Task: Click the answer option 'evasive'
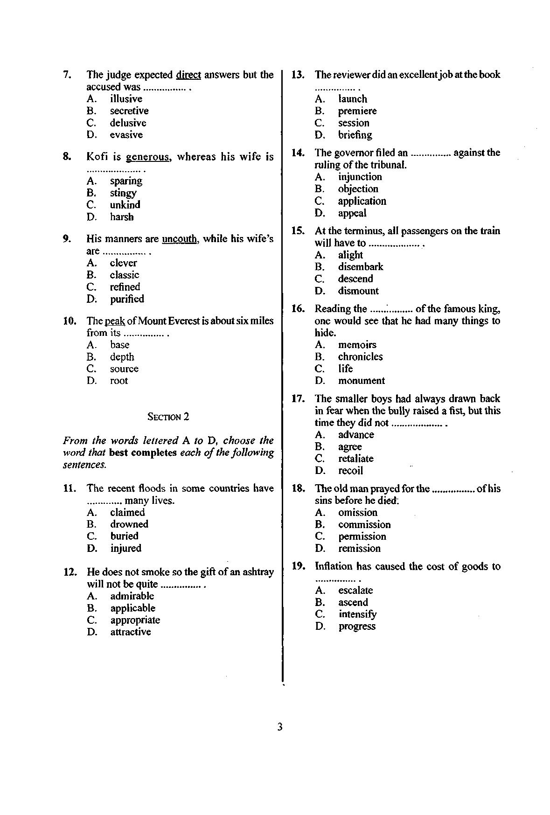(x=126, y=135)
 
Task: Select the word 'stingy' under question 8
(x=123, y=193)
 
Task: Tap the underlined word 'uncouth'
(x=179, y=239)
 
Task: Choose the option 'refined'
(x=125, y=287)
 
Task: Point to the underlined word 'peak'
(x=115, y=321)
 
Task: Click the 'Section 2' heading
(x=168, y=417)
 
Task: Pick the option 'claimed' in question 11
(x=127, y=512)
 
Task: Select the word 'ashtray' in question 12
(x=258, y=572)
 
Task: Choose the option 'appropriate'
(x=135, y=620)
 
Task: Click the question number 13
(x=298, y=75)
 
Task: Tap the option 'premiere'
(x=357, y=111)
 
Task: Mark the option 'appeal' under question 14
(x=352, y=213)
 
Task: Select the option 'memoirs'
(x=357, y=345)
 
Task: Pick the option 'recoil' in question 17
(x=350, y=470)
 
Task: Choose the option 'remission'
(x=359, y=548)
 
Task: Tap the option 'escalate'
(x=355, y=590)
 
